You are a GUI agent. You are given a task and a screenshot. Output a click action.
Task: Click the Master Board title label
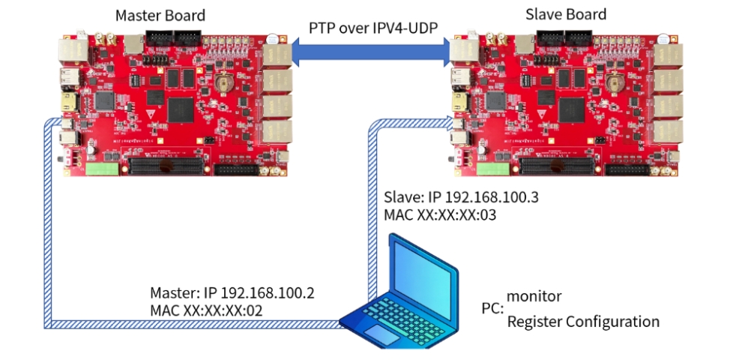(160, 15)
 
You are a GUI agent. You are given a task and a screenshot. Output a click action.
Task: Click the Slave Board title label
(565, 14)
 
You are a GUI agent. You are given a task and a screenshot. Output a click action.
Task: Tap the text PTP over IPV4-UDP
(373, 28)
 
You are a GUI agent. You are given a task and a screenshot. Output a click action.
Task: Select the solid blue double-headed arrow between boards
(370, 52)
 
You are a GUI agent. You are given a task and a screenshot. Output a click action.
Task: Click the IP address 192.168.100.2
(268, 292)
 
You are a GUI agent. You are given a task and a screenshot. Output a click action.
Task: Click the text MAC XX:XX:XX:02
(206, 310)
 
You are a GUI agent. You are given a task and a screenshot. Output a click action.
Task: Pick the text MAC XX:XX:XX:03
(440, 214)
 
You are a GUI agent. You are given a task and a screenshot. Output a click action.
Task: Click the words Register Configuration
(583, 322)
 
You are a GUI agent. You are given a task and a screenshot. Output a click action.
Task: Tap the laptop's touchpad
(381, 334)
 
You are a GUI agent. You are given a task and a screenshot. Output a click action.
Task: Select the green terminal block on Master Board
(102, 169)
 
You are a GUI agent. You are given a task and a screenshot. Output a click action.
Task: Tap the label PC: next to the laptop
(492, 309)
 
